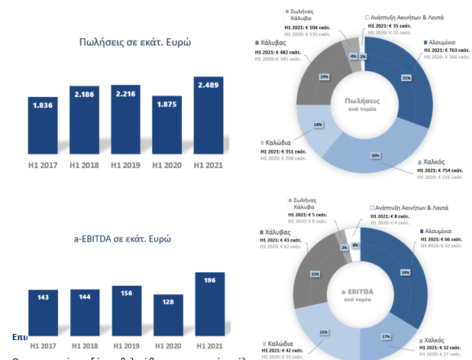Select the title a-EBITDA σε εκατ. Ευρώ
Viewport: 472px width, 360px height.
pos(122,238)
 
